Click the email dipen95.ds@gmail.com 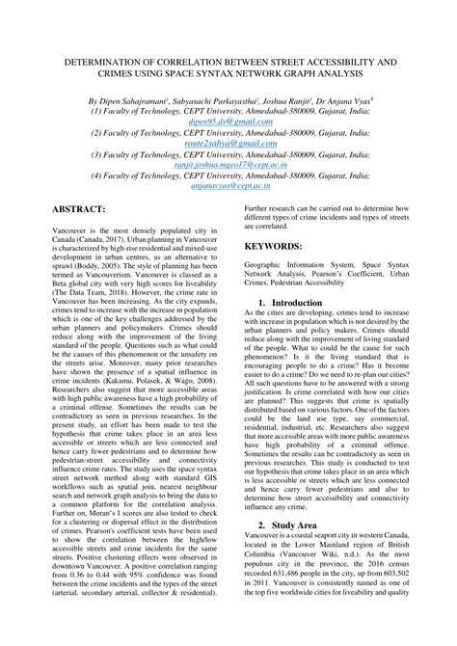pyautogui.click(x=228, y=123)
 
